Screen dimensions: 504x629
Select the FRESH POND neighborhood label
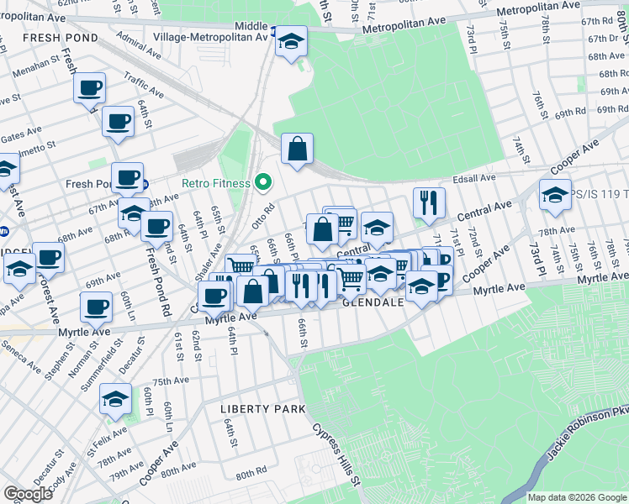(61, 38)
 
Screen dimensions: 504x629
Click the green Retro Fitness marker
(263, 182)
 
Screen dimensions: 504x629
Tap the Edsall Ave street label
(474, 178)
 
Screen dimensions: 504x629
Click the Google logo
(29, 494)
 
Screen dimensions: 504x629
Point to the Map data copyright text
(577, 497)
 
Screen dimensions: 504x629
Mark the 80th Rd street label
(251, 475)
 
